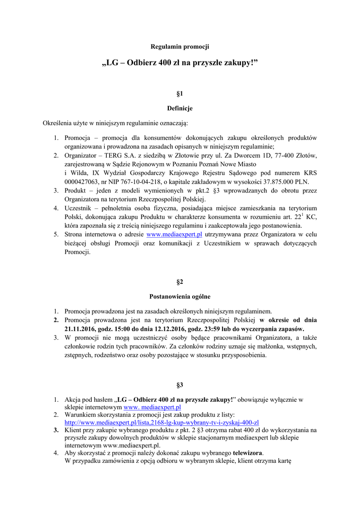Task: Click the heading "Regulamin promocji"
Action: point(180,47)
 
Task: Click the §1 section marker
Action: point(180,93)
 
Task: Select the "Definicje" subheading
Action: point(180,108)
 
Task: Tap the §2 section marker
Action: point(180,282)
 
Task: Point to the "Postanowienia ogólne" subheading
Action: point(180,297)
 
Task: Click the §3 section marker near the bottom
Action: point(180,384)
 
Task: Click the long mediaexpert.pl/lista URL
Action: point(162,422)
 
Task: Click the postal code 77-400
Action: point(281,155)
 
